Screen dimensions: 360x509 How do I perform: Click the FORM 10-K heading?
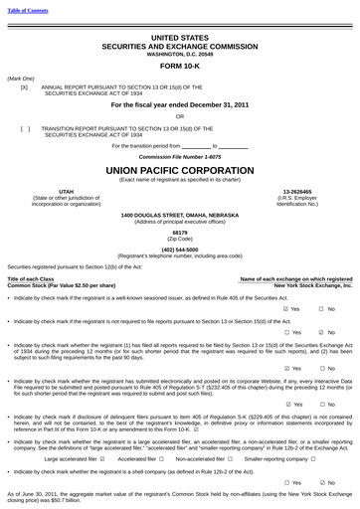[x=180, y=65]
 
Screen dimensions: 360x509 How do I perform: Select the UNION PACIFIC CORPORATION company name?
[x=180, y=170]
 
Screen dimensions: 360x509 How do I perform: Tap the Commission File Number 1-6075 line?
[x=180, y=157]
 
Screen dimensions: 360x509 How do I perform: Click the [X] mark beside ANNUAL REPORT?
[x=24, y=87]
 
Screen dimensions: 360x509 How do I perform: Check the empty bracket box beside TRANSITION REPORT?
[x=24, y=128]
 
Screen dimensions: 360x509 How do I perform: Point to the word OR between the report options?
[x=180, y=116]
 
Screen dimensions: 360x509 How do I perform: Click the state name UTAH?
[x=66, y=191]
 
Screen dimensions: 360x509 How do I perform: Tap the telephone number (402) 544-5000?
[x=180, y=249]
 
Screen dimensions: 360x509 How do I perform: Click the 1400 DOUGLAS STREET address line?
[x=180, y=215]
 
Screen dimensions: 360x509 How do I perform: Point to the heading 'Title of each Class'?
[x=31, y=279]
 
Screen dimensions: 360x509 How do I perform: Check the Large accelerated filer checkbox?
[x=104, y=459]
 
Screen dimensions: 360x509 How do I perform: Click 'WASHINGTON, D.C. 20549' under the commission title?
[x=180, y=52]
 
